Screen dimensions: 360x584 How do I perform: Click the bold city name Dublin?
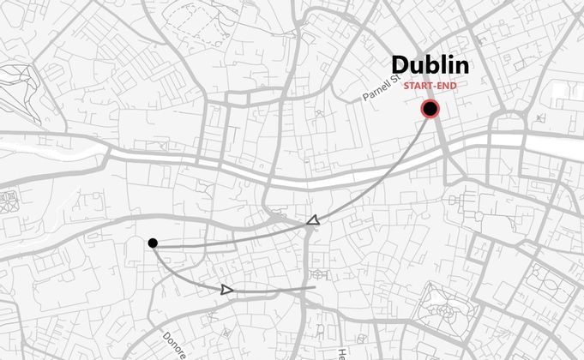click(x=430, y=65)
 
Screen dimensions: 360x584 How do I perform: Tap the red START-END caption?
click(x=430, y=85)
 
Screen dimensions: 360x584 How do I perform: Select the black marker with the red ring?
click(x=430, y=109)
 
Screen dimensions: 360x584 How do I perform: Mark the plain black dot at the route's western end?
click(x=153, y=243)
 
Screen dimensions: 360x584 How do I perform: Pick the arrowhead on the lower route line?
click(x=226, y=290)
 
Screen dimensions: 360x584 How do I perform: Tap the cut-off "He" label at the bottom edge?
click(x=340, y=352)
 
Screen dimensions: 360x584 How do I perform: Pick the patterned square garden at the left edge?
click(x=9, y=202)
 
